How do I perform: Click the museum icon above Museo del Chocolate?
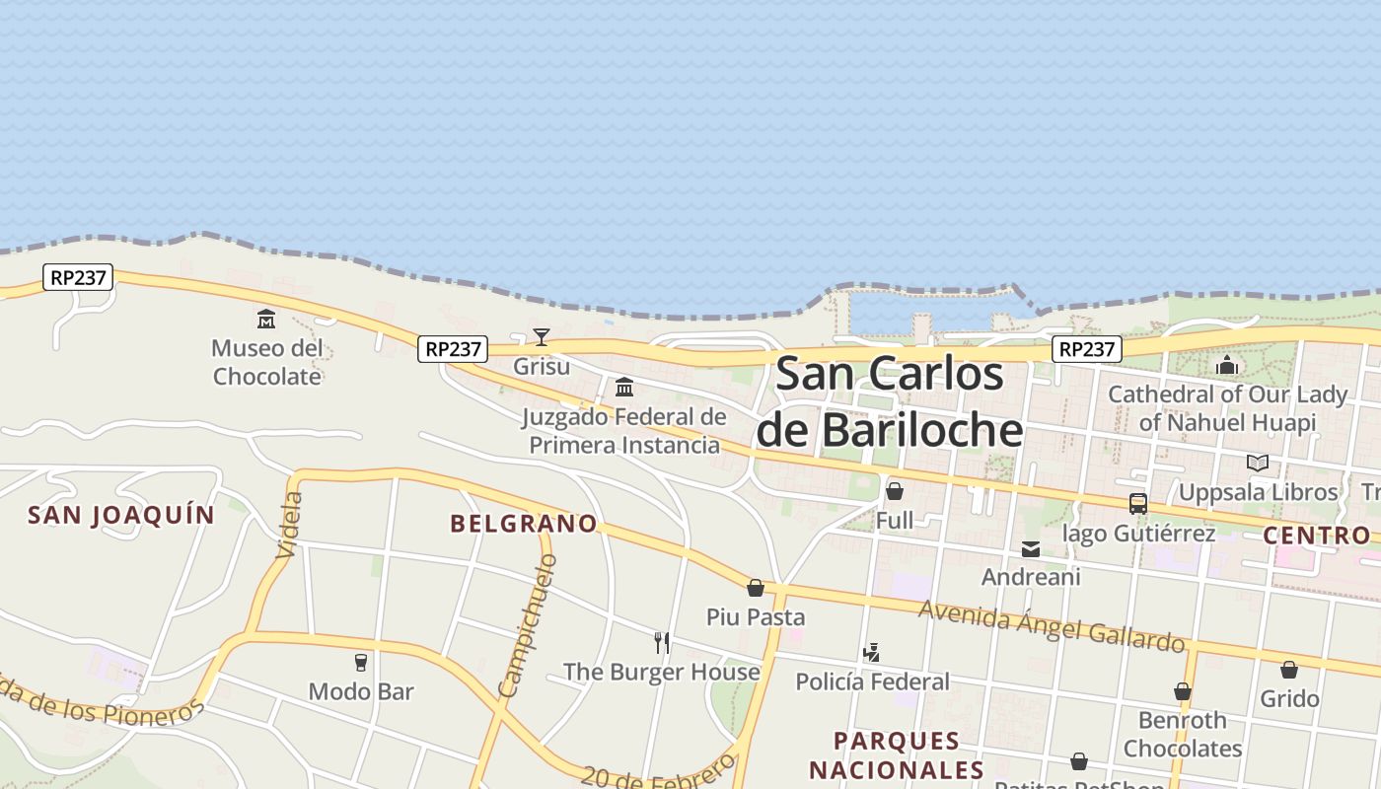266,319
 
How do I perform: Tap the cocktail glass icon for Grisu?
542,337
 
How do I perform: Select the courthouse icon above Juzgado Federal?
624,387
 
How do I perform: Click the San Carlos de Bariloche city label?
890,401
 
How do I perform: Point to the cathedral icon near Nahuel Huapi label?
1227,365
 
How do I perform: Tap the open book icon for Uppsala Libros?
1257,463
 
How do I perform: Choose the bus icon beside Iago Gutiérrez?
1138,504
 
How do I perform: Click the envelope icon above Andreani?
1031,548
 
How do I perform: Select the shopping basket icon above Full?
895,490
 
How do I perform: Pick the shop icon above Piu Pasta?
756,588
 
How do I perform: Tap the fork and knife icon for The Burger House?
662,643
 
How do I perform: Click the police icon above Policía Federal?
871,652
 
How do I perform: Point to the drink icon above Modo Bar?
361,662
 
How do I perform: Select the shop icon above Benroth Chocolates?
1182,691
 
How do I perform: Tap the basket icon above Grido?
1289,670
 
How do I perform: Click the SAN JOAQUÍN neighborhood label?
121,515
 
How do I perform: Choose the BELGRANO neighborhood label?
524,524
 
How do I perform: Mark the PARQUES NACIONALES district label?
897,754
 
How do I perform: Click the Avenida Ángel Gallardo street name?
1052,625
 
